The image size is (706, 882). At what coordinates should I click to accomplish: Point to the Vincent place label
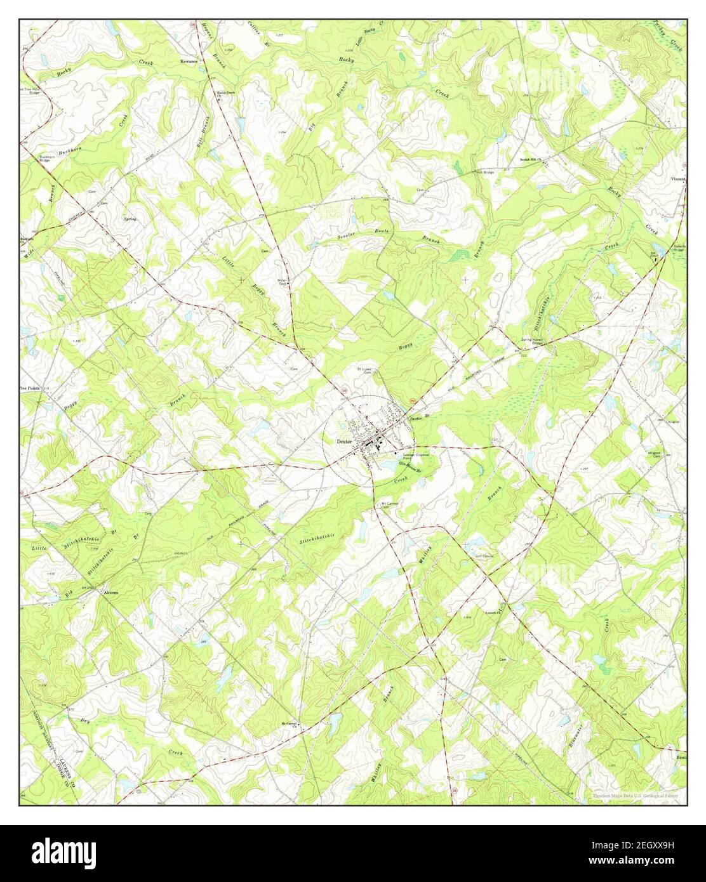[x=679, y=180]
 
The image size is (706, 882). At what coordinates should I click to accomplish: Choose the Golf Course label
[x=485, y=556]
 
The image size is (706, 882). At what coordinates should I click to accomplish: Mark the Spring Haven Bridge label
[x=532, y=341]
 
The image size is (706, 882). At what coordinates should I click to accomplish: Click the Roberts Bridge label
[x=677, y=248]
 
